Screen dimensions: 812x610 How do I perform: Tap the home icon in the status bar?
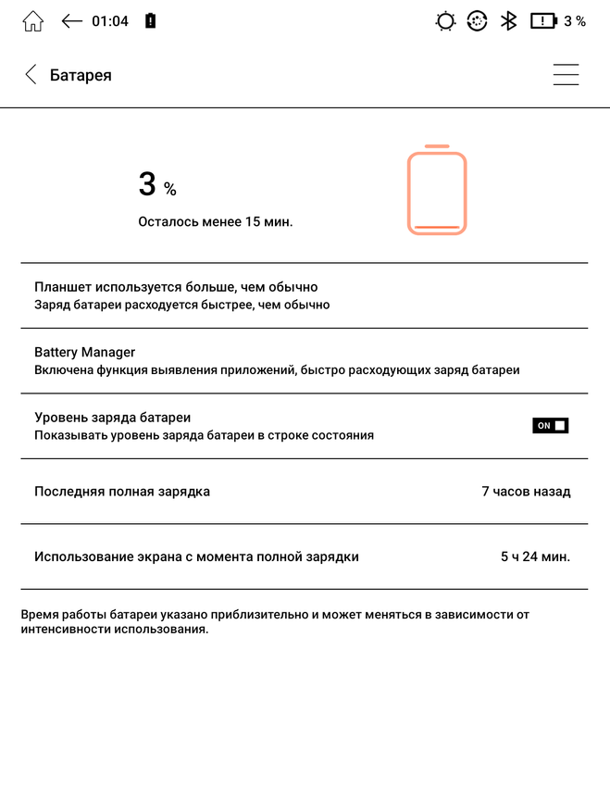(x=32, y=21)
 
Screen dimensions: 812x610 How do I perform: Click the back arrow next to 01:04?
(x=72, y=21)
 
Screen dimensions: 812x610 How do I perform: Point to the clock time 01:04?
(x=110, y=21)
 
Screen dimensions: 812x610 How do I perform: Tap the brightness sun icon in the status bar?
(x=445, y=21)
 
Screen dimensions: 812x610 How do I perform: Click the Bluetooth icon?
(x=508, y=21)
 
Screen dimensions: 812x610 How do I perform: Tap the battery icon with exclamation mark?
(x=542, y=21)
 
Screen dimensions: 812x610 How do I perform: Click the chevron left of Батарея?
(x=31, y=75)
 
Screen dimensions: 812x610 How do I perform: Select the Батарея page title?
(x=81, y=75)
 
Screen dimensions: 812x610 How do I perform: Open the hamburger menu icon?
(x=566, y=75)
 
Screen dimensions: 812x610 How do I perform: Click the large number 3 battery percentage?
(x=147, y=184)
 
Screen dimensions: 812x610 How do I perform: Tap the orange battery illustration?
(x=437, y=191)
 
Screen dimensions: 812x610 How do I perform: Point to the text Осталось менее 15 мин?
(x=216, y=222)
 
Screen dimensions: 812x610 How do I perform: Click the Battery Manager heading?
(x=85, y=353)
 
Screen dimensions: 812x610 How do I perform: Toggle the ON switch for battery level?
(x=550, y=426)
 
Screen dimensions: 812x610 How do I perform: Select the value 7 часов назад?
(x=526, y=492)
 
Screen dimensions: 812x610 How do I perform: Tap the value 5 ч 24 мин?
(x=535, y=556)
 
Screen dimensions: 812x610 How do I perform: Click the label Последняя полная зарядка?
(x=122, y=492)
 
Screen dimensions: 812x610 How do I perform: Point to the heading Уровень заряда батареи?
(x=113, y=418)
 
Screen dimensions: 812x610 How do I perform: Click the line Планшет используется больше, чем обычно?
(x=176, y=287)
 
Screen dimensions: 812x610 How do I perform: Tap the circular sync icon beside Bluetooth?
(x=477, y=21)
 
